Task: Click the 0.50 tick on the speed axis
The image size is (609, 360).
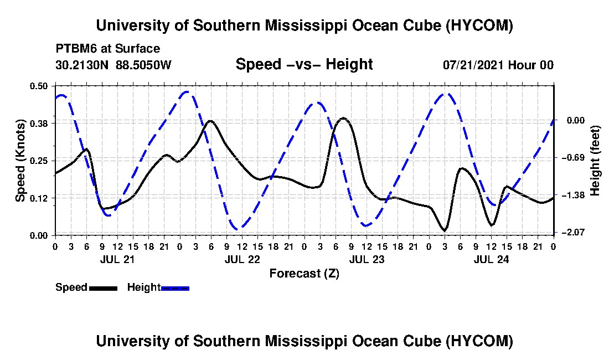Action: point(38,86)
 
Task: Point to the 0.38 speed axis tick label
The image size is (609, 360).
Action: point(38,124)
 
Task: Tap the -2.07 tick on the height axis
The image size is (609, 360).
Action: point(576,232)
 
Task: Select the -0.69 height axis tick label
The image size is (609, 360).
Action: point(576,158)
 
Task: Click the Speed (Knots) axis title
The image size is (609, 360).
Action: point(20,161)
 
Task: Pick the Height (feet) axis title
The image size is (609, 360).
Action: point(595,161)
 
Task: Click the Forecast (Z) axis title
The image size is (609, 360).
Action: point(304,274)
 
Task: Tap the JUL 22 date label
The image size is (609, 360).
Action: point(242,259)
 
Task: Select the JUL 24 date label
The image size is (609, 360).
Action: point(491,259)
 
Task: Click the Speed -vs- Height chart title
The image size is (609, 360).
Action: point(304,64)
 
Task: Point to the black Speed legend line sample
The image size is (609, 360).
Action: point(103,288)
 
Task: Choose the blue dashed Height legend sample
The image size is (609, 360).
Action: point(175,288)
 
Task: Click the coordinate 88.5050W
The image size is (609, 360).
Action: point(143,64)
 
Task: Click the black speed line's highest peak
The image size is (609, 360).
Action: point(343,117)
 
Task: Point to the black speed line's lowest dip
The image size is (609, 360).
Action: point(445,231)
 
